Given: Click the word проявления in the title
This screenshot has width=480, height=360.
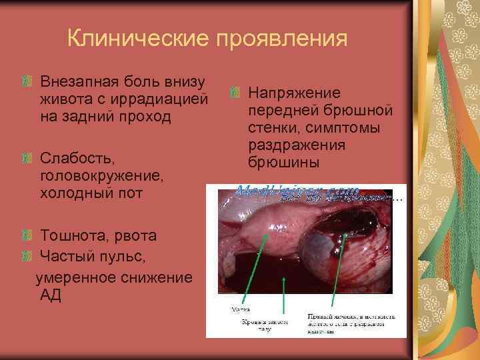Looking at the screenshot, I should (x=281, y=39).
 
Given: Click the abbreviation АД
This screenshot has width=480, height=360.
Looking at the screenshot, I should (x=51, y=295).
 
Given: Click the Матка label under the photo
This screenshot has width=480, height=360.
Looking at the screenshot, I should (x=240, y=310).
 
